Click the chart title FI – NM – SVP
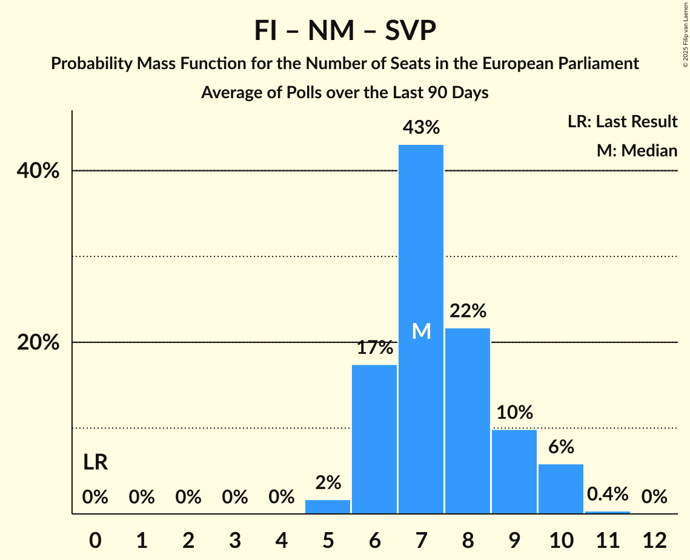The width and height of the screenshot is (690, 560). point(345,31)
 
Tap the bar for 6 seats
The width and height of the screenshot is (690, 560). point(374,439)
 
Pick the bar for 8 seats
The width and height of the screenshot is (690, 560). point(468,421)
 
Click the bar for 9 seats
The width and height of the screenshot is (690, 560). point(514,472)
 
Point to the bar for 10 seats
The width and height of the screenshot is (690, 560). point(561,488)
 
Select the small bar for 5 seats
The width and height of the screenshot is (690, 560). point(328,507)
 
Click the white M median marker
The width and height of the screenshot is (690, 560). point(421,331)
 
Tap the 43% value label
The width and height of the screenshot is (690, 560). point(421,128)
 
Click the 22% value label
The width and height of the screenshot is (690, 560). point(468,311)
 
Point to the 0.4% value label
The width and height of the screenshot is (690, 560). point(608,494)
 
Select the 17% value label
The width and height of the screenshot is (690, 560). point(374,348)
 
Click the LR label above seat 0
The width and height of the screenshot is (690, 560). point(95,462)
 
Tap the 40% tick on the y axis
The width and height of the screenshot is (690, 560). point(38,171)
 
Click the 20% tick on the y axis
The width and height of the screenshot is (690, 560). point(38,342)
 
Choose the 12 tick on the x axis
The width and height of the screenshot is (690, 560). point(654,539)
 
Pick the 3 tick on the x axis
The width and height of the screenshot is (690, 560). point(234,539)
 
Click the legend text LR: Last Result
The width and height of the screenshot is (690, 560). point(622,122)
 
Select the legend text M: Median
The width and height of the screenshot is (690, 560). point(637,150)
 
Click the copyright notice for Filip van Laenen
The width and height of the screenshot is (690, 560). point(684,36)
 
